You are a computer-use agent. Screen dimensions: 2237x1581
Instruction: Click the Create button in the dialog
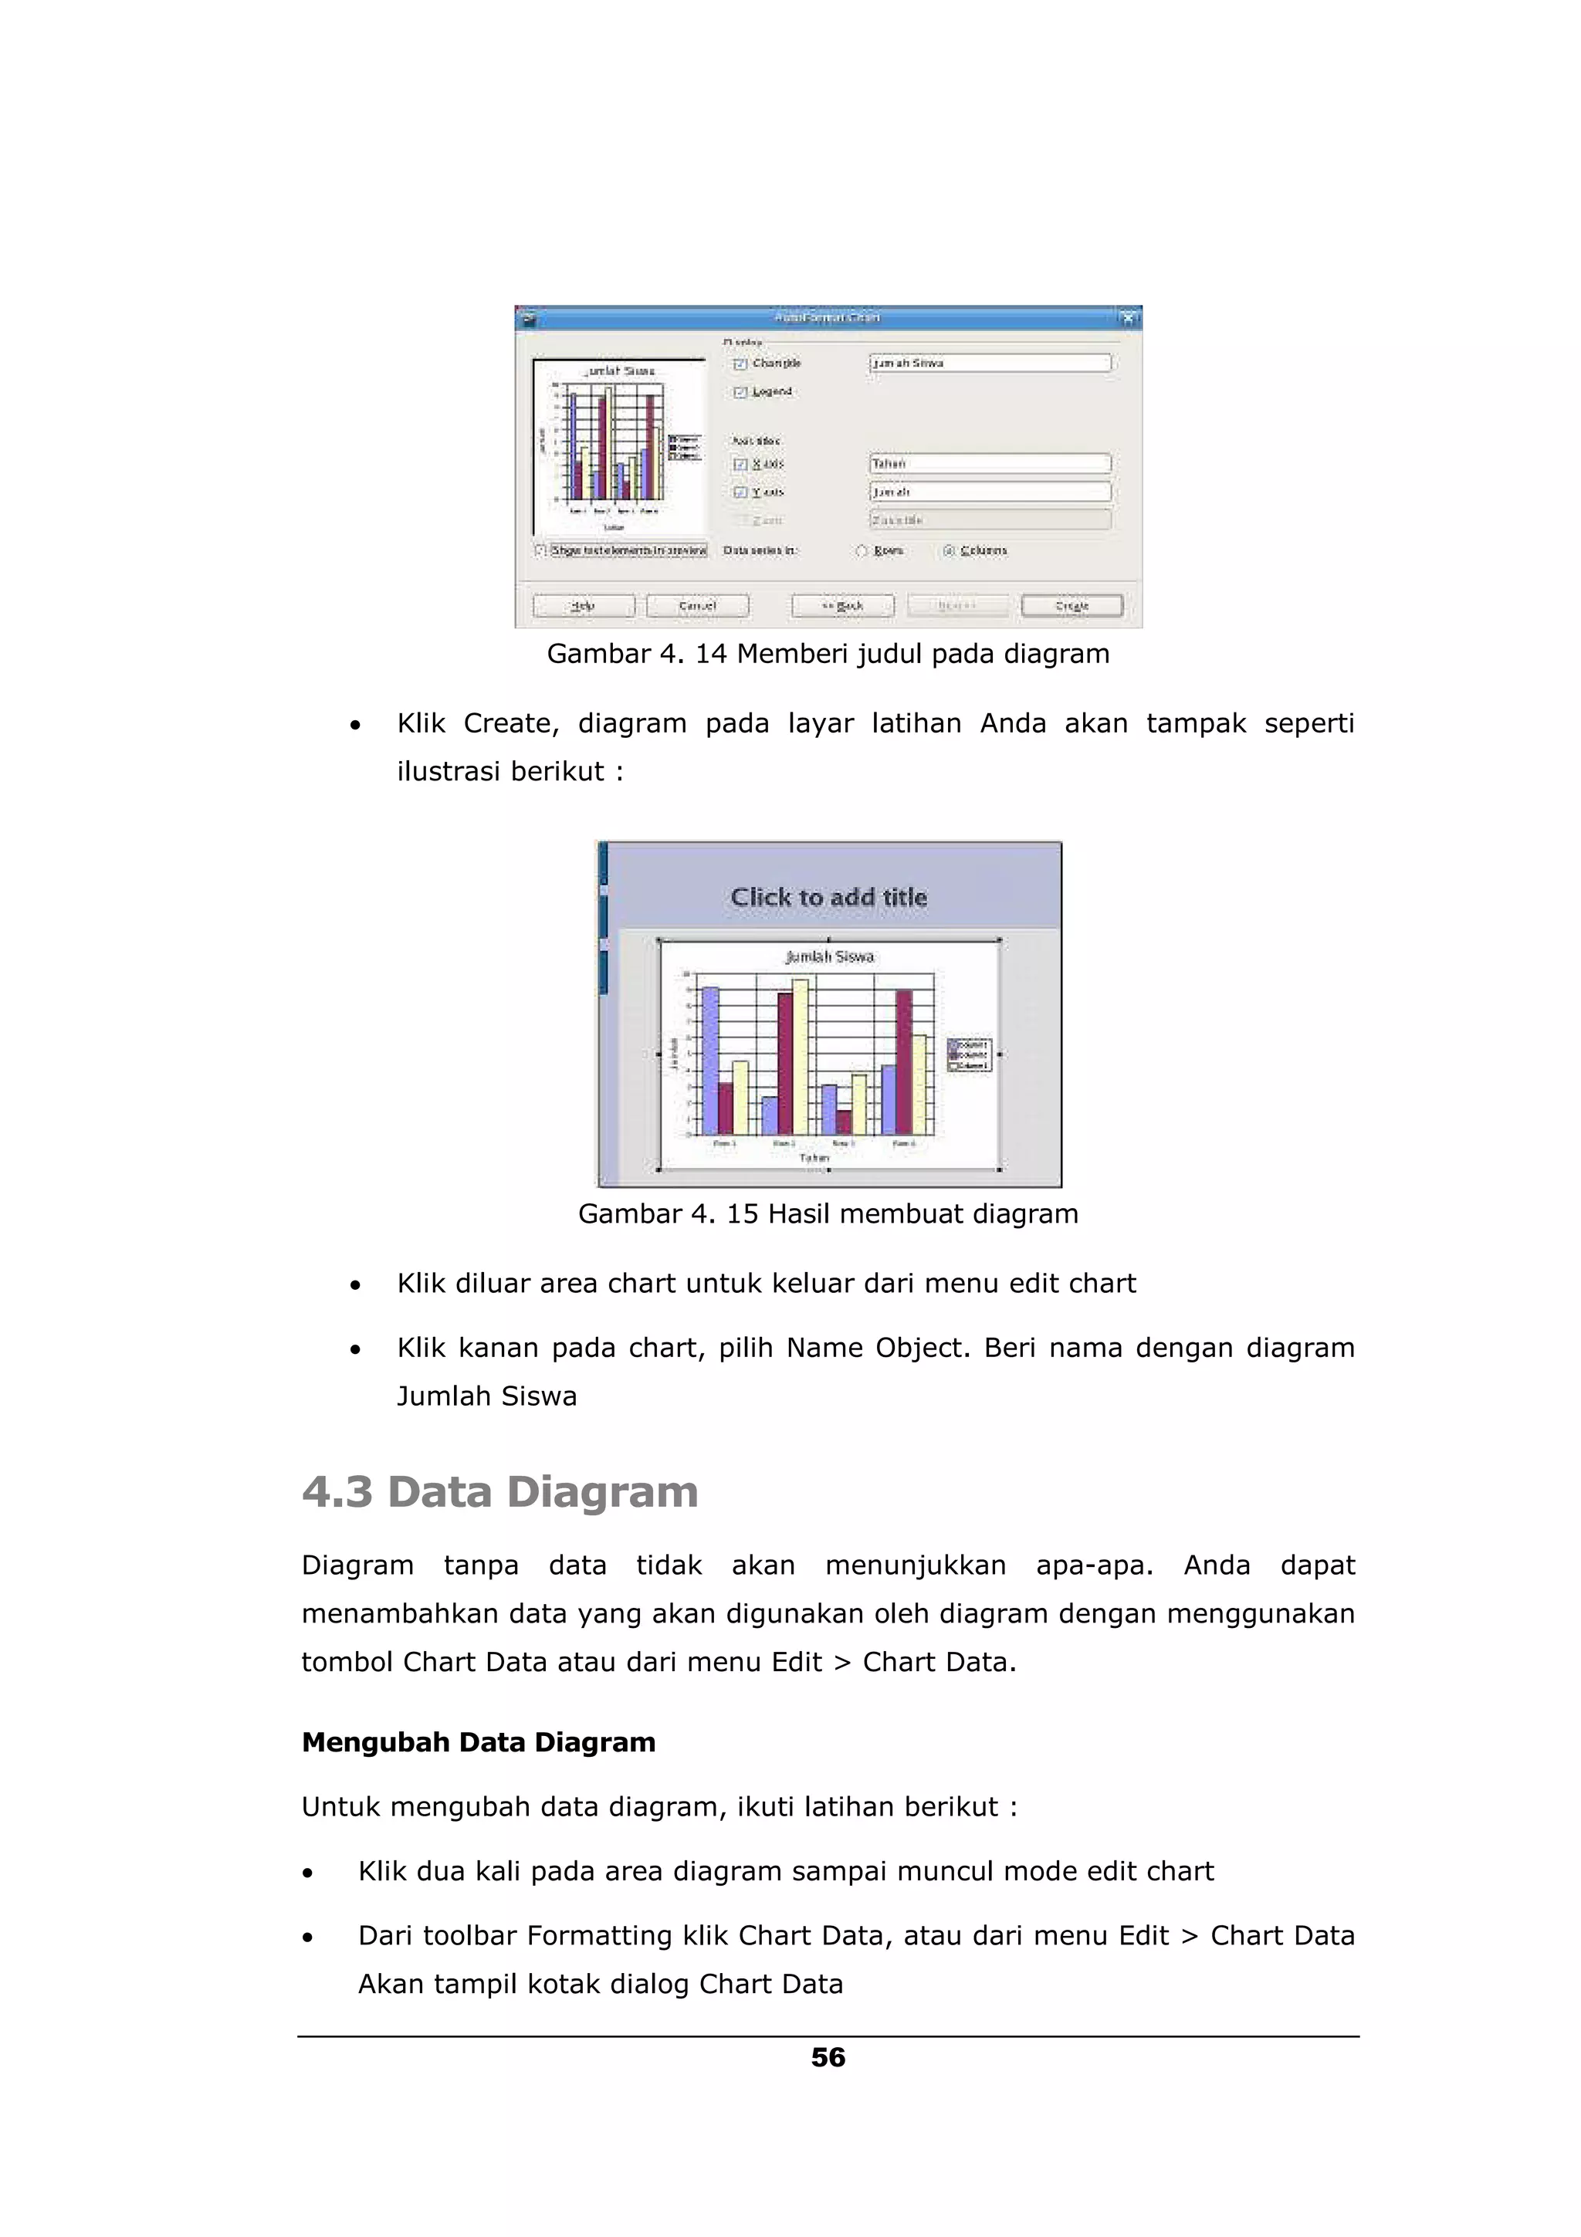click(x=1071, y=606)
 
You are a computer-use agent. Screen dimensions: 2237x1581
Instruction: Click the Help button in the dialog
click(x=583, y=606)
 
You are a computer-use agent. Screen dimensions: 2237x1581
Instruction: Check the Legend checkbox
click(x=740, y=391)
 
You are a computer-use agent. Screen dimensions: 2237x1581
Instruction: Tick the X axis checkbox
click(x=740, y=464)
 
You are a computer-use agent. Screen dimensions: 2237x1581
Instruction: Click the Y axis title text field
click(x=989, y=492)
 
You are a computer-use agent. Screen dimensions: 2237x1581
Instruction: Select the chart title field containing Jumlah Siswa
click(x=989, y=363)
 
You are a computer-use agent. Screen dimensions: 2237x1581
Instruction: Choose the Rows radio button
click(x=861, y=550)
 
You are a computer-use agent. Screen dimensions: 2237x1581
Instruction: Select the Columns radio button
click(x=949, y=550)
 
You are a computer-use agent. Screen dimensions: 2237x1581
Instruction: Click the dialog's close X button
click(x=1127, y=317)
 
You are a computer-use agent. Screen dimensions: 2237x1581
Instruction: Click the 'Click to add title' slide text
click(x=828, y=897)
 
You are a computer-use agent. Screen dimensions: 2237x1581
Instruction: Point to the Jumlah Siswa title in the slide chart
click(x=829, y=956)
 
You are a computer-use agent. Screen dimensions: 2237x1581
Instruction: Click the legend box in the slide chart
click(x=970, y=1055)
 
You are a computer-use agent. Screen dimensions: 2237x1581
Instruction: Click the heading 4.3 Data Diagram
click(x=499, y=1491)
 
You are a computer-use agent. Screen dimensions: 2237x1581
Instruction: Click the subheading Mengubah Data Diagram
click(x=479, y=1742)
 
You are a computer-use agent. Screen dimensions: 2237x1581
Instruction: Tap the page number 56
click(x=828, y=2056)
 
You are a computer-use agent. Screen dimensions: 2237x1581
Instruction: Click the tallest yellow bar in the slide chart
click(x=801, y=1057)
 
